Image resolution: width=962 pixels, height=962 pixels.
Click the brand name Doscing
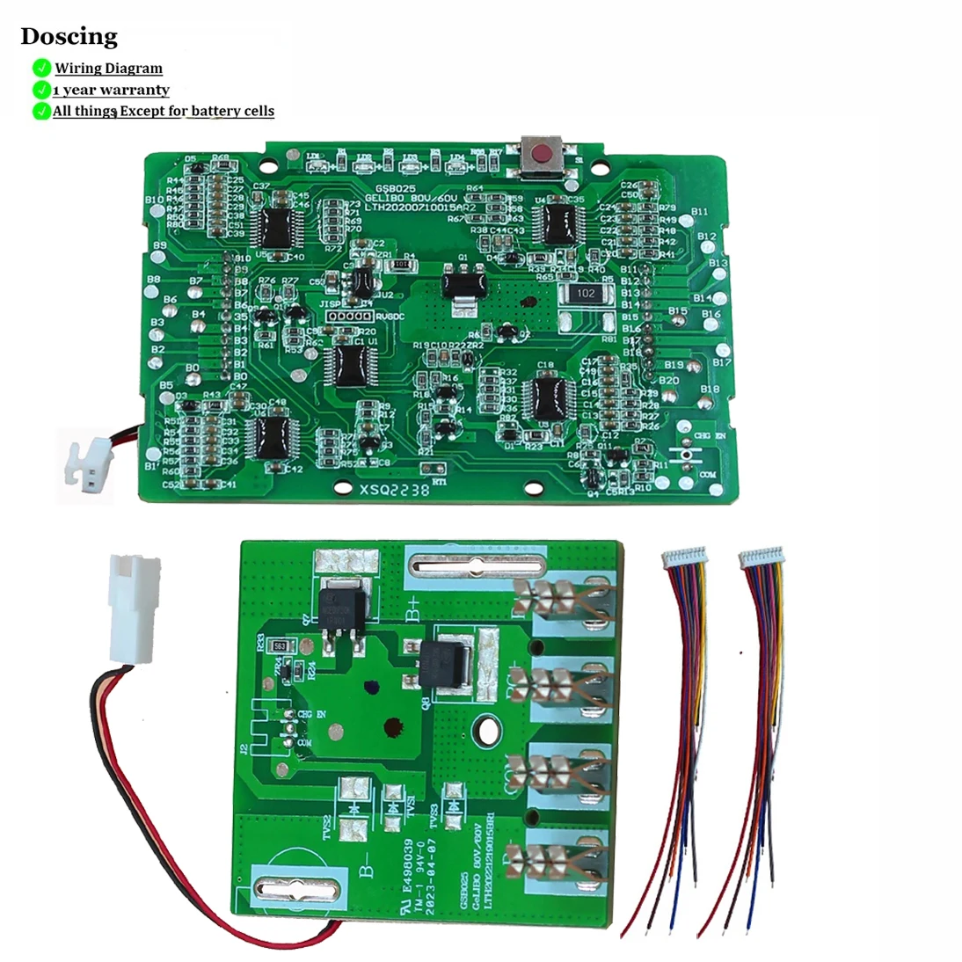click(69, 36)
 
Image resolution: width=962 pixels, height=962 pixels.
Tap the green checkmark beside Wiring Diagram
click(40, 68)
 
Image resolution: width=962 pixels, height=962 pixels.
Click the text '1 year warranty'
click(111, 90)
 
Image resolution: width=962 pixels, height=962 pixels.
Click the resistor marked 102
click(586, 294)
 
